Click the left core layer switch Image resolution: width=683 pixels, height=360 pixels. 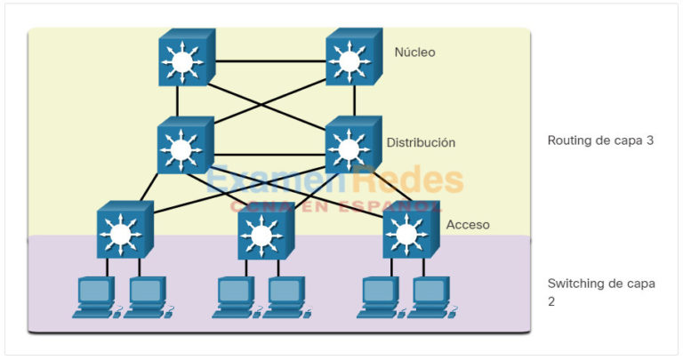tap(185, 60)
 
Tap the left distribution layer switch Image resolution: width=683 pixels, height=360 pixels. tap(185, 148)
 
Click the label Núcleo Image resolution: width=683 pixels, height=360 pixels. tap(415, 52)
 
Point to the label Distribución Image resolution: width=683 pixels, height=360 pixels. tap(421, 142)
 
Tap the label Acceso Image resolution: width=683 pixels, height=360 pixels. tap(468, 225)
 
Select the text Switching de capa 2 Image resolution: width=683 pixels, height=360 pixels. tap(601, 292)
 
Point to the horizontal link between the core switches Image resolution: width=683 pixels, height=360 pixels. tap(269, 61)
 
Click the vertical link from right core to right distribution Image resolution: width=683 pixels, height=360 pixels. tap(354, 101)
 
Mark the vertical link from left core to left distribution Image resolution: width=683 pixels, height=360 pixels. tap(178, 101)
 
